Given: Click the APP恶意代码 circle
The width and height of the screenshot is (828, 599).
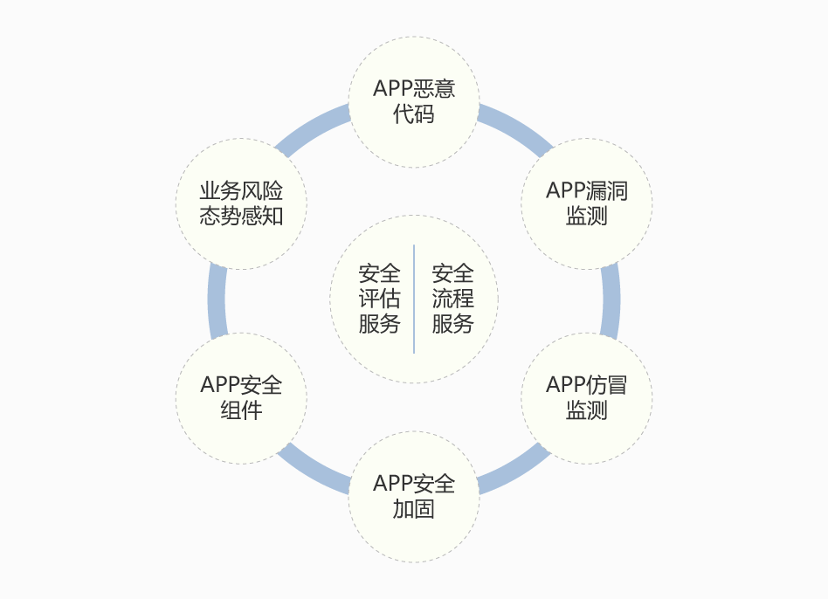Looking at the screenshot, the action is tap(414, 102).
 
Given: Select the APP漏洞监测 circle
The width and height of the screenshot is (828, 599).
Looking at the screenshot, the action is tap(587, 203).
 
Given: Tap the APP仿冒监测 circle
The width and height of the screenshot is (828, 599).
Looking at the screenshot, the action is tap(587, 398).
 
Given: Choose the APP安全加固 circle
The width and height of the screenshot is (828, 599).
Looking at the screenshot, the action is tap(414, 497).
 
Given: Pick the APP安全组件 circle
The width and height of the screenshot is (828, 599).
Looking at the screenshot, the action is tap(241, 398).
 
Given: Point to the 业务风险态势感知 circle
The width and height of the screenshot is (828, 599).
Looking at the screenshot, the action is tap(241, 203).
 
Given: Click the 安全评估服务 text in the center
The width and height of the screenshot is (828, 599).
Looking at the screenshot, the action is tap(379, 299).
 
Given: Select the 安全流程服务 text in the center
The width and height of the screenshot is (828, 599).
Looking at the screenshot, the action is tap(452, 299).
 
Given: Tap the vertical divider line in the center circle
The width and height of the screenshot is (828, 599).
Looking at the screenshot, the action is tap(414, 299).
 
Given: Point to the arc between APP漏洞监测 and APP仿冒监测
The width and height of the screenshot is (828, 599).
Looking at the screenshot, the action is tap(611, 300).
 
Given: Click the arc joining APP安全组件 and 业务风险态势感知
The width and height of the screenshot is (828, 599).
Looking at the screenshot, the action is tap(217, 300).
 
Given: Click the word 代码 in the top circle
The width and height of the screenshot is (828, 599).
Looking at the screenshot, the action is tap(413, 114).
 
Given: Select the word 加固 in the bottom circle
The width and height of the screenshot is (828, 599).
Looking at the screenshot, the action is tap(413, 509).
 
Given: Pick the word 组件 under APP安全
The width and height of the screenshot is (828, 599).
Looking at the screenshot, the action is tap(241, 410).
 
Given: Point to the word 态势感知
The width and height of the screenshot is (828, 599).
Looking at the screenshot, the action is tap(241, 216).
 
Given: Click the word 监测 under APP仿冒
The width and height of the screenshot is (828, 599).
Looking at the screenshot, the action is tap(587, 410).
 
